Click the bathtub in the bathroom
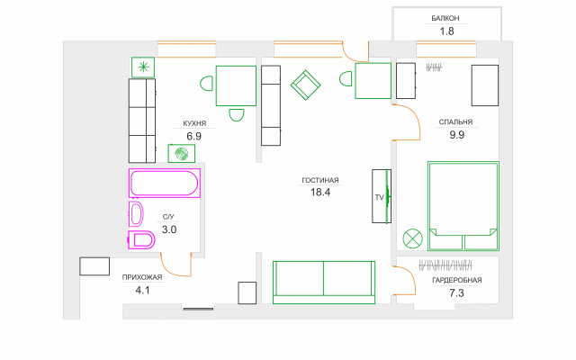point(164,183)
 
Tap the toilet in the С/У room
point(141,240)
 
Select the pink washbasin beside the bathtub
point(136,214)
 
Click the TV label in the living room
point(379,197)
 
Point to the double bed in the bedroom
point(463,206)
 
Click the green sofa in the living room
point(324,282)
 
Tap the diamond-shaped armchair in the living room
point(305,85)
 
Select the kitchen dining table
point(236,85)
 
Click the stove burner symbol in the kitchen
point(182,154)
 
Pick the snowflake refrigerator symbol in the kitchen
point(143,67)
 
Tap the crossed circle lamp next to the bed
point(412,238)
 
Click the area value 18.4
point(320,192)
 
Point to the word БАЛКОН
point(445,18)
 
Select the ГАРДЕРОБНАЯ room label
point(457,280)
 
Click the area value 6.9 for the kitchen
point(194,136)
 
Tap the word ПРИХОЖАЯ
point(142,277)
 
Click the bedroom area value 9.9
point(456,135)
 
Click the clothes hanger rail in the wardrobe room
point(445,265)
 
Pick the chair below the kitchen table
point(237,115)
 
